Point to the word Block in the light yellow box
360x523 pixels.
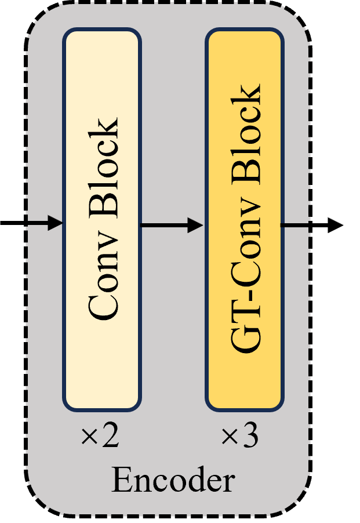[x=103, y=168]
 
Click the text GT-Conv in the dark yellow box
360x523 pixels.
[x=245, y=290]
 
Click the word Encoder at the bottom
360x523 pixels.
[x=173, y=481]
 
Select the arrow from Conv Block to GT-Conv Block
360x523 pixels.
[x=172, y=225]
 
